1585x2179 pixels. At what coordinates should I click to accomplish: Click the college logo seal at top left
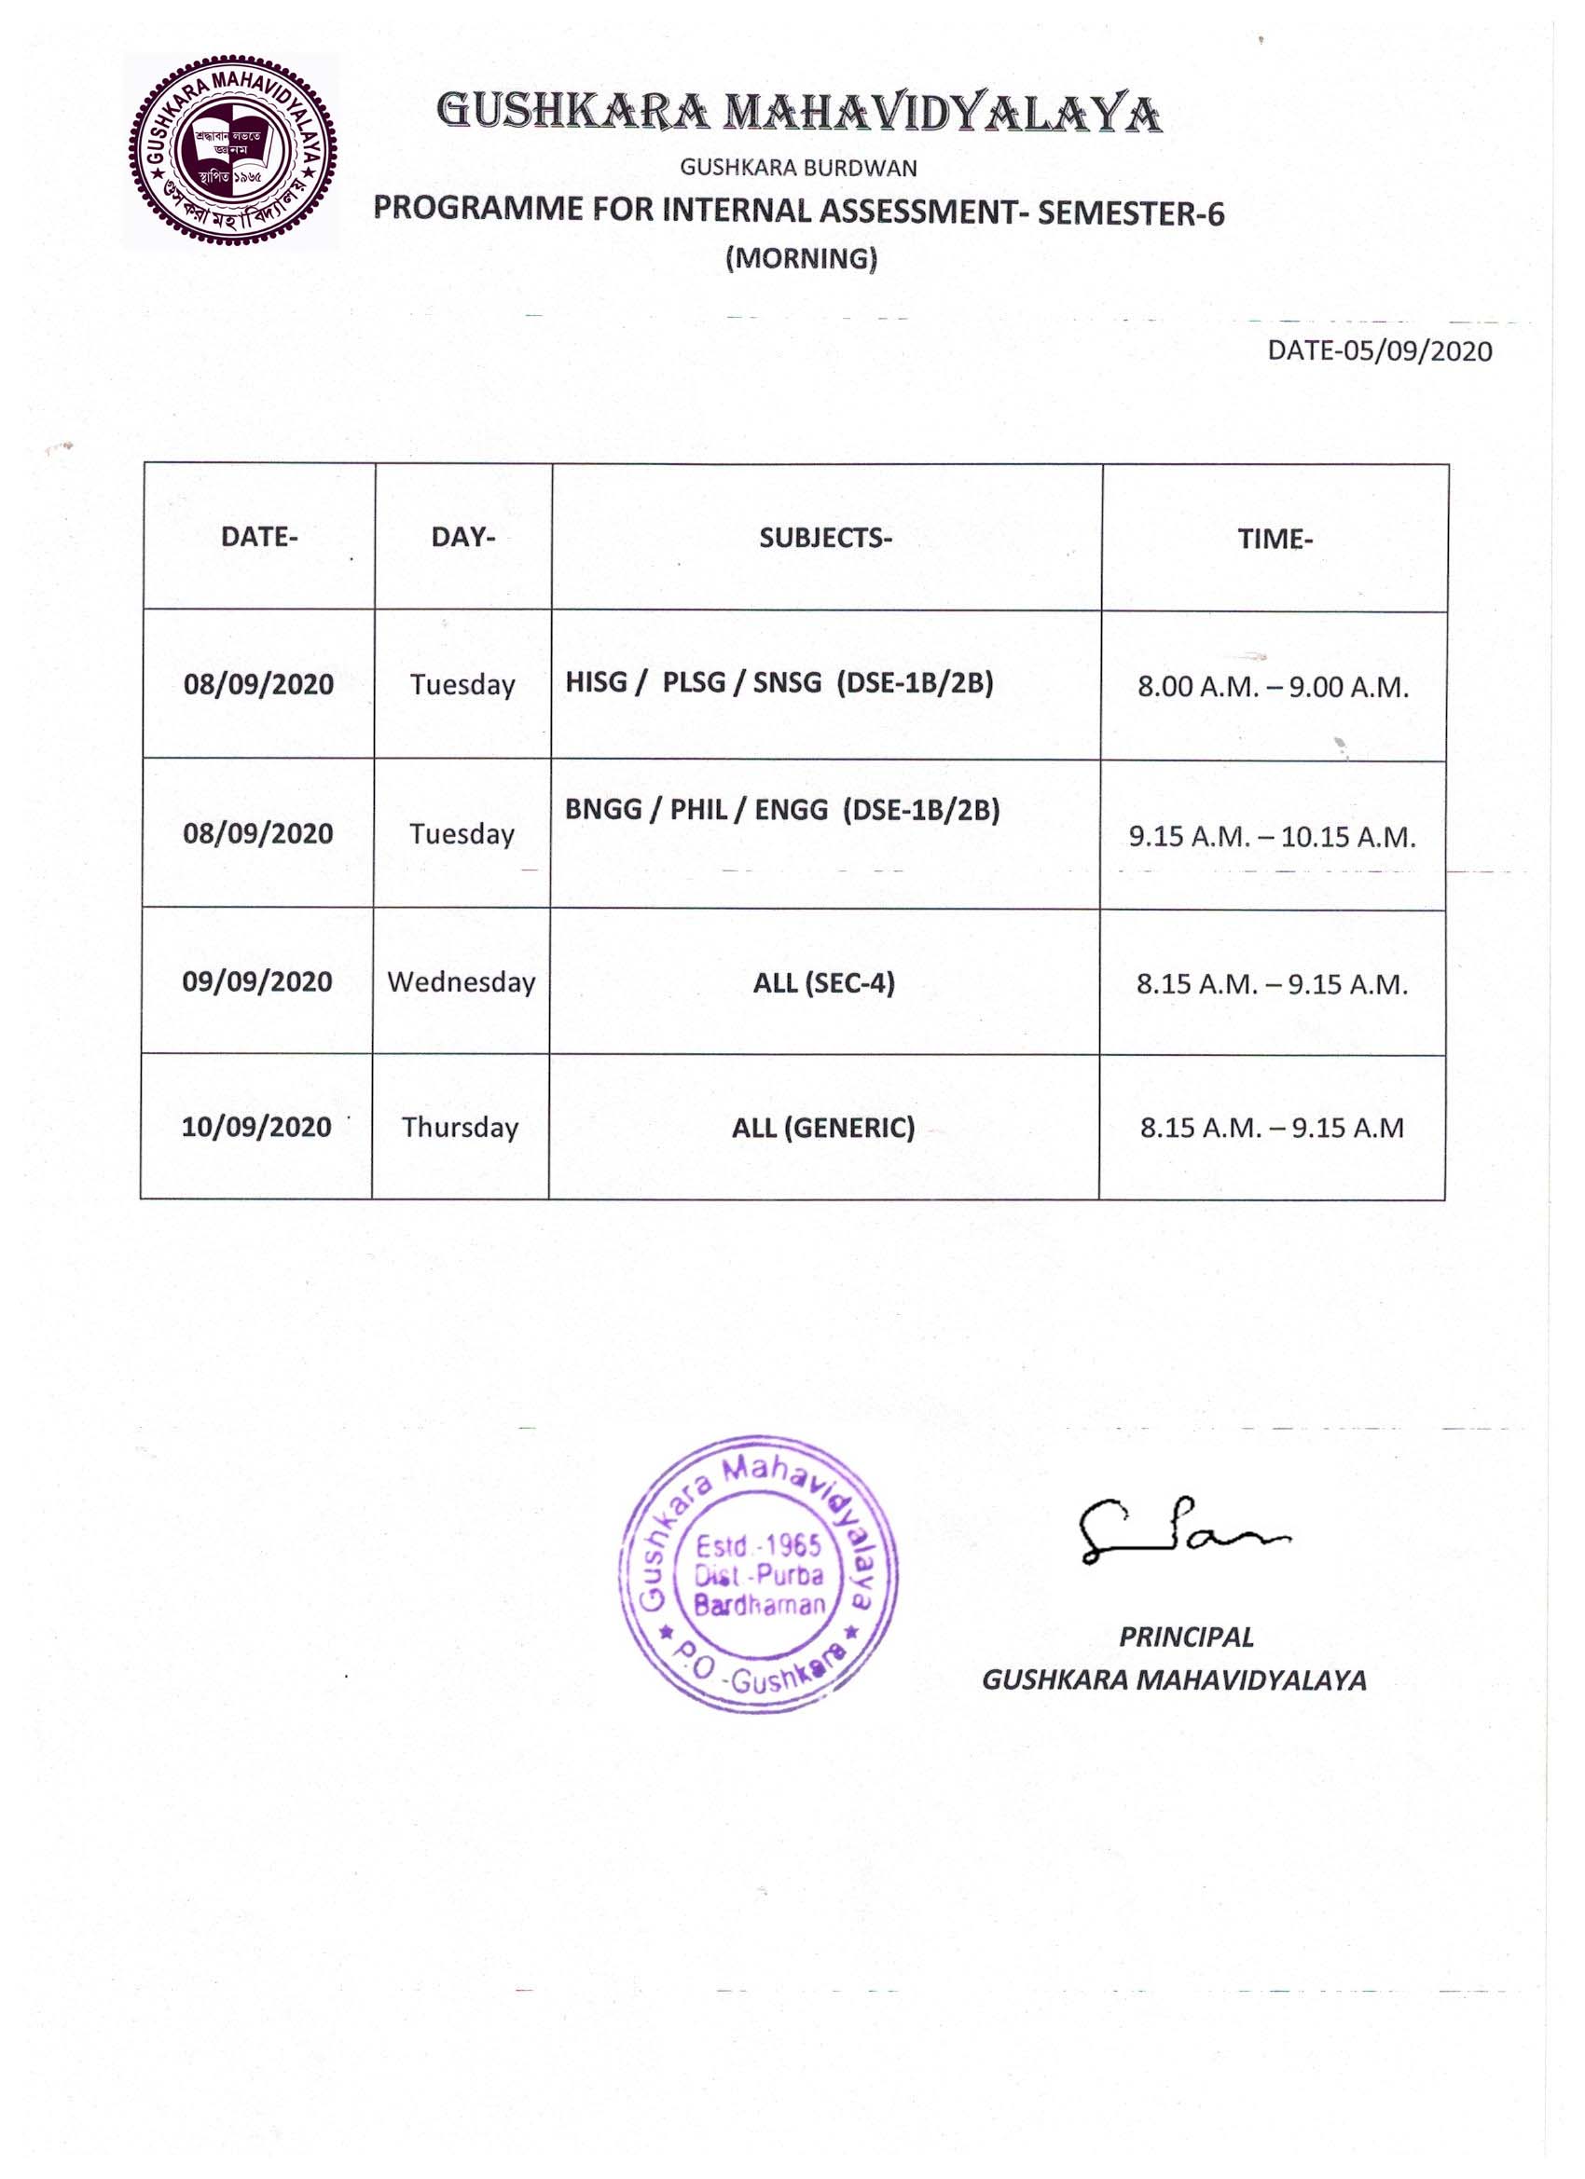coord(231,152)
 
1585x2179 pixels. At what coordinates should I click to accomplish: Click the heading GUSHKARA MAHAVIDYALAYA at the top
coord(799,113)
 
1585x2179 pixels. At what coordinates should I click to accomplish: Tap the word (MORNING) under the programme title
coord(801,258)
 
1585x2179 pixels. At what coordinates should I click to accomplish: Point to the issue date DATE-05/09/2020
coord(1379,350)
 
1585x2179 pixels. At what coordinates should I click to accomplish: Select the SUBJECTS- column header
coord(826,538)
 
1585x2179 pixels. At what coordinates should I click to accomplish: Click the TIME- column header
coord(1275,539)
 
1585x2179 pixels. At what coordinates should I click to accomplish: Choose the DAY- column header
coord(463,537)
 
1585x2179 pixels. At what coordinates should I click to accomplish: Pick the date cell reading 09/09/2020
coord(257,981)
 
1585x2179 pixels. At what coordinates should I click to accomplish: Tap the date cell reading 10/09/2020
coord(256,1126)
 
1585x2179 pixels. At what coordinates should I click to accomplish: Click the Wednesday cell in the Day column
coord(462,982)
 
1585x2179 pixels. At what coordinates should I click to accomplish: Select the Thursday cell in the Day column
coord(461,1127)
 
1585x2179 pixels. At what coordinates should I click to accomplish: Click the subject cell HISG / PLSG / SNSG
coord(779,682)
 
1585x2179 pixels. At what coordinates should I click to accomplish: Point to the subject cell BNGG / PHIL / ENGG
coord(782,810)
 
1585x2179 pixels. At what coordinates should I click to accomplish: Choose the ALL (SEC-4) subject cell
coord(824,983)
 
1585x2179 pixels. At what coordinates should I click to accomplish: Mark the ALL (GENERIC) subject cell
coord(824,1127)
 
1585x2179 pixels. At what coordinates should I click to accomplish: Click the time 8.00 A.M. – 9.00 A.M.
coord(1274,687)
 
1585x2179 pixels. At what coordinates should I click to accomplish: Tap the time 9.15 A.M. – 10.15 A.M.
coord(1273,837)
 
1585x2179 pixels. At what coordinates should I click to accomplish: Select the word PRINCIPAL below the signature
coord(1186,1638)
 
